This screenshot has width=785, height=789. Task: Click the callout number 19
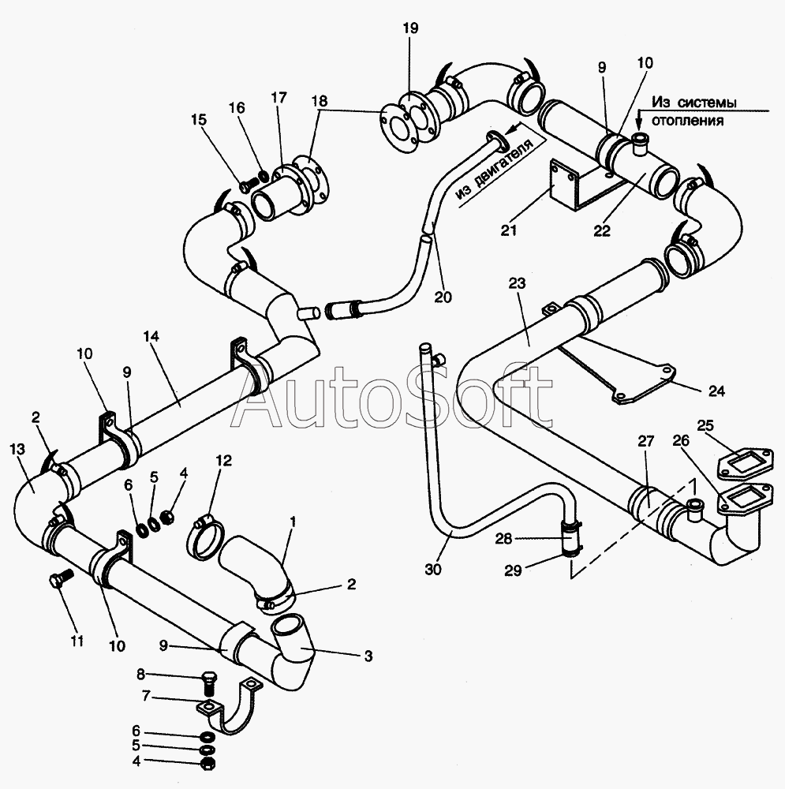tap(410, 28)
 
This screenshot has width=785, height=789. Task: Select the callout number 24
tap(716, 391)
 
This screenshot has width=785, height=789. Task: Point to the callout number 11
tap(77, 641)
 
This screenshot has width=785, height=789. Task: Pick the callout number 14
tap(151, 336)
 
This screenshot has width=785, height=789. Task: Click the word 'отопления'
tap(687, 121)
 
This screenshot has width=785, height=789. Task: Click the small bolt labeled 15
tap(245, 185)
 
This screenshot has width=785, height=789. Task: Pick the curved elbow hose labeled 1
tap(256, 568)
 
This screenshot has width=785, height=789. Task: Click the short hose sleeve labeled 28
tap(570, 538)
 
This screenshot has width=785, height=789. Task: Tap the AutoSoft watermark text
tap(393, 398)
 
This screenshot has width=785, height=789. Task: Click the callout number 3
tap(368, 656)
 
